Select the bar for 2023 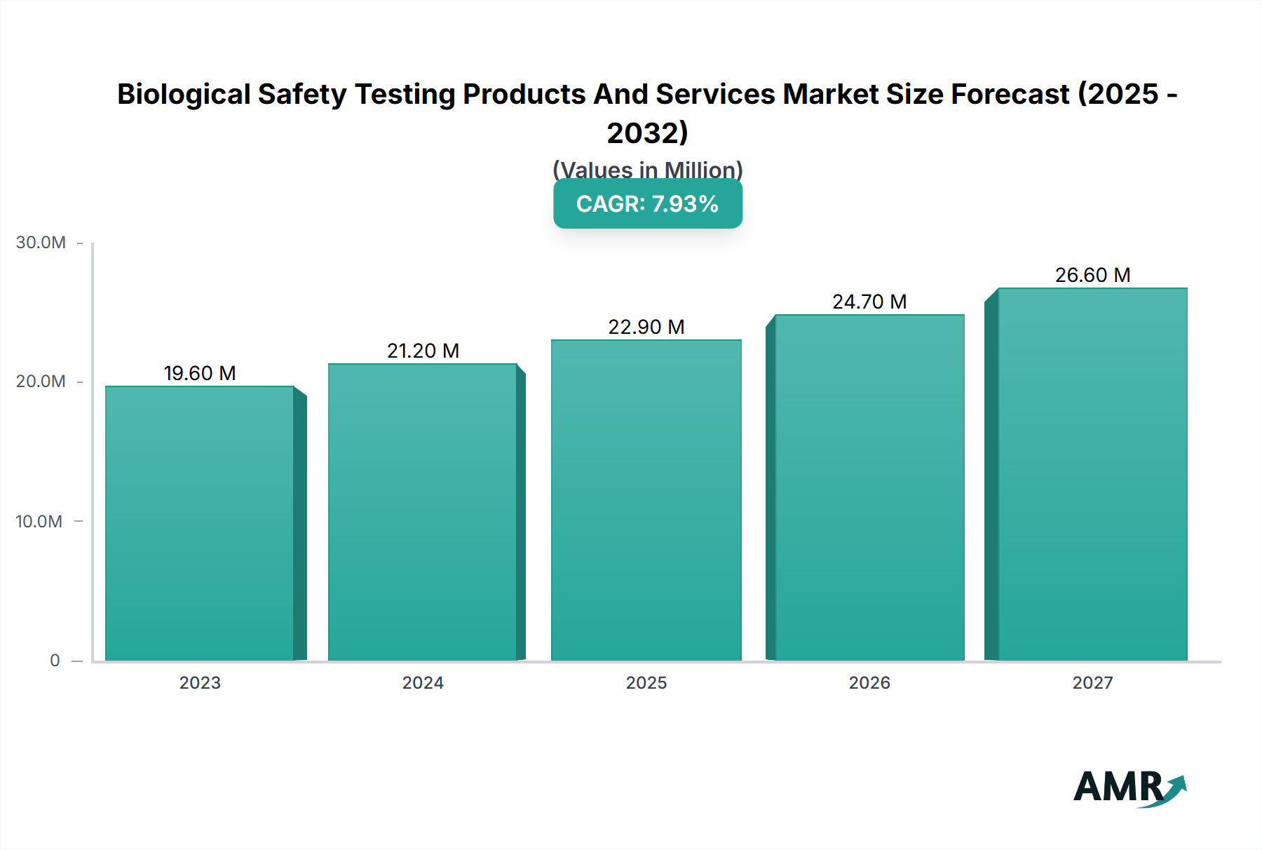[x=200, y=522]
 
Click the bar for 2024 [x=423, y=512]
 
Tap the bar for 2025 [x=646, y=500]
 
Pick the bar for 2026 [x=869, y=487]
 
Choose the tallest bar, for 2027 [x=1092, y=474]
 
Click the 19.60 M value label [x=200, y=373]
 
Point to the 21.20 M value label [x=423, y=351]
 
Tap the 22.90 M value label [x=646, y=327]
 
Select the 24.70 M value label [x=869, y=302]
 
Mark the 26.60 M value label [x=1092, y=275]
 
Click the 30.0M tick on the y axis [x=41, y=243]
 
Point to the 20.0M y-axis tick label [x=41, y=382]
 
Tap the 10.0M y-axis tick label [x=39, y=521]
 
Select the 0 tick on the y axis [x=55, y=660]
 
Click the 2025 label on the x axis [x=646, y=682]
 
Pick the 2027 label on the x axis [x=1092, y=682]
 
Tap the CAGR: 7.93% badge [x=647, y=204]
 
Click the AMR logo [x=1129, y=788]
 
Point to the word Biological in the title [x=184, y=94]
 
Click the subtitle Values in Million [x=647, y=170]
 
